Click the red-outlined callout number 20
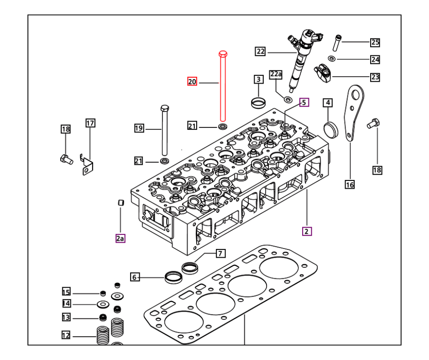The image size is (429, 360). click(x=192, y=82)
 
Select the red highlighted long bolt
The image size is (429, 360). click(x=223, y=87)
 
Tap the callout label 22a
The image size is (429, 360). click(x=276, y=74)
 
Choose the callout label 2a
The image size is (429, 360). click(x=120, y=238)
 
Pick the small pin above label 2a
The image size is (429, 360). click(x=121, y=202)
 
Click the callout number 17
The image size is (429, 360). click(x=90, y=122)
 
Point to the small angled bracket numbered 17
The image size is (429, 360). click(x=87, y=165)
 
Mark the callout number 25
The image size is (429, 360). click(x=375, y=42)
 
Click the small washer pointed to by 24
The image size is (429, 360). click(x=332, y=58)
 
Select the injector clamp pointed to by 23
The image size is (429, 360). click(x=323, y=72)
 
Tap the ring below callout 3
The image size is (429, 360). click(x=259, y=101)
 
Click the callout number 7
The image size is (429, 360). click(x=220, y=253)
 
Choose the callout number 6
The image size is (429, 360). click(x=135, y=277)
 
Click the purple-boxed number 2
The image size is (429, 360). click(x=307, y=231)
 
